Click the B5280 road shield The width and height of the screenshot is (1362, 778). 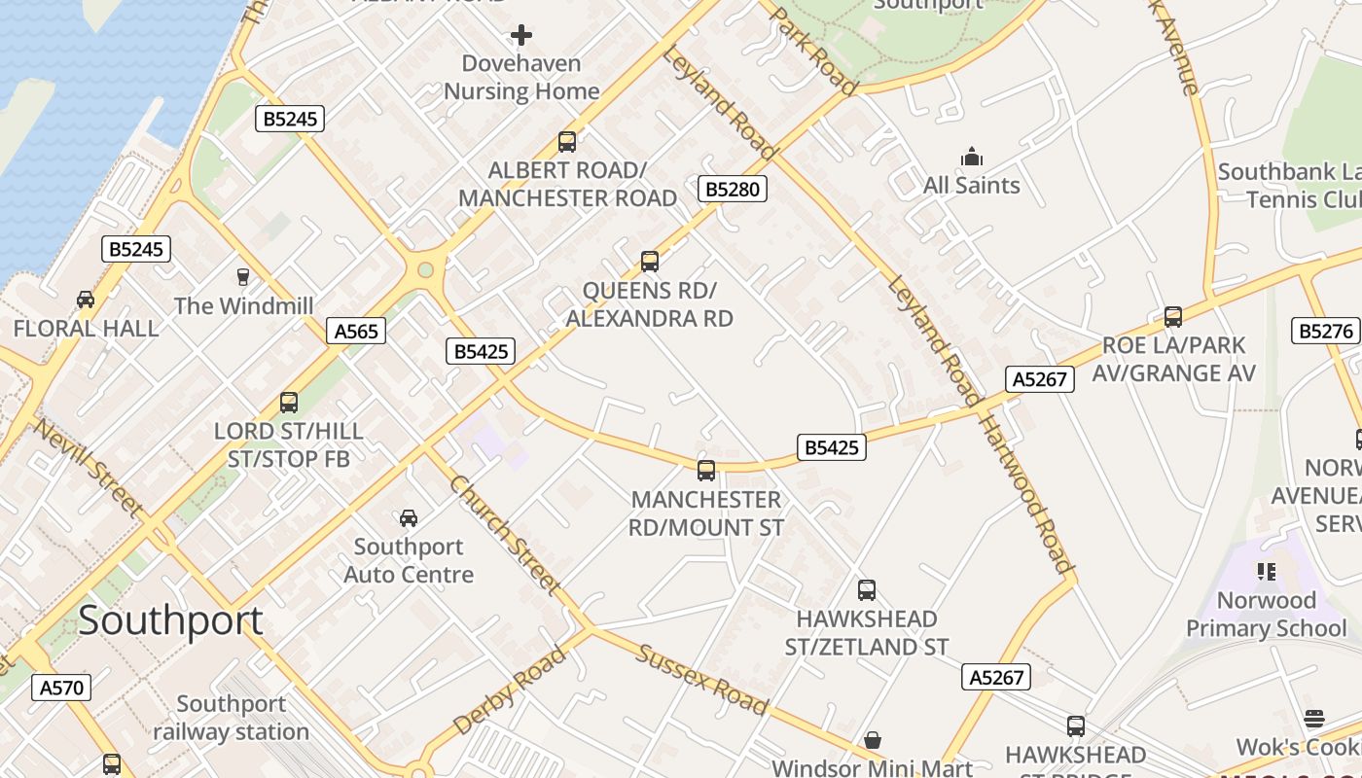pos(732,189)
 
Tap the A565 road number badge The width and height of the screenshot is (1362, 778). pos(355,331)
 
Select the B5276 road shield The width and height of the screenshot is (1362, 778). pos(1325,331)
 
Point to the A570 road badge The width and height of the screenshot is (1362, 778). pos(60,688)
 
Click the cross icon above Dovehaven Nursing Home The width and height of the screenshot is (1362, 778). pos(521,36)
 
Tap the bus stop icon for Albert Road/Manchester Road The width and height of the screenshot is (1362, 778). pos(567,142)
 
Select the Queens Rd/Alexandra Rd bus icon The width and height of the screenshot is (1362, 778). pos(650,262)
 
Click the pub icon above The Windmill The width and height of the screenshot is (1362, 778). pos(243,277)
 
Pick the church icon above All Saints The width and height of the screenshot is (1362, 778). pos(971,157)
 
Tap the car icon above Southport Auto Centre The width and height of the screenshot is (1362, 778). pos(409,517)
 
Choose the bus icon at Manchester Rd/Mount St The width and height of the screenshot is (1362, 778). pos(706,471)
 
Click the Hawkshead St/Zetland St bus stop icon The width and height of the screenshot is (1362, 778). pos(867,590)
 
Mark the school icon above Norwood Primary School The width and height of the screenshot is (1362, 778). pos(1266,571)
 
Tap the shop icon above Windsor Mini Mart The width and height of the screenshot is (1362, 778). pos(873,740)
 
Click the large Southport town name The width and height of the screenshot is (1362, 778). pos(170,620)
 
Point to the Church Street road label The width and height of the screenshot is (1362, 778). pos(505,534)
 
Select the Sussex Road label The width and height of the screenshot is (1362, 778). pos(702,679)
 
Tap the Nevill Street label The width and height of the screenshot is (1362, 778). pos(90,467)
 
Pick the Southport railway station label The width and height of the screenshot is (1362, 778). pos(232,718)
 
